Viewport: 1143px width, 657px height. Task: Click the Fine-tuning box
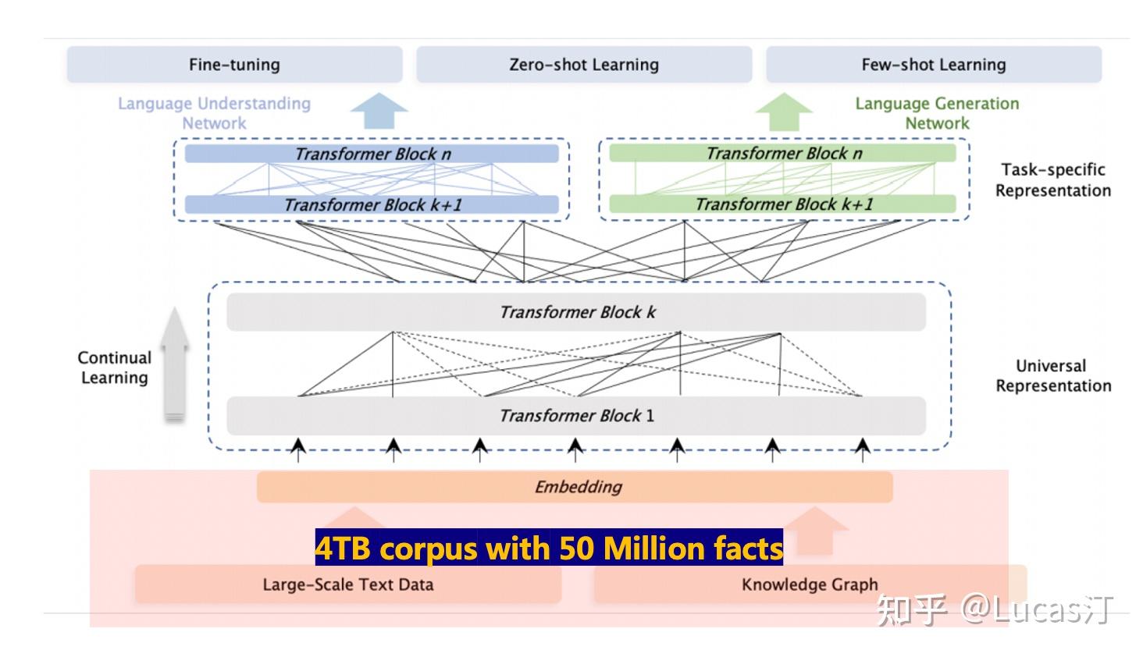click(x=234, y=65)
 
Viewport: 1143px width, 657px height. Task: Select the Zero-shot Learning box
click(x=583, y=65)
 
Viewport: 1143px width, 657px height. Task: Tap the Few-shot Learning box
click(x=933, y=65)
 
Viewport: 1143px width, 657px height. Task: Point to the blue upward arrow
click(x=379, y=111)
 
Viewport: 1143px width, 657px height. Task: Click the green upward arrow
click(x=784, y=111)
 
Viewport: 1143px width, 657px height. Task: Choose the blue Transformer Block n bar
click(x=372, y=154)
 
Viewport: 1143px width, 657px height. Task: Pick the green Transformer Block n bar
click(x=782, y=153)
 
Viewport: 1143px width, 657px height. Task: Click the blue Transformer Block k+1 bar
click(x=372, y=205)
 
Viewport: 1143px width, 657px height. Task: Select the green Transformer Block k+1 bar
click(x=782, y=204)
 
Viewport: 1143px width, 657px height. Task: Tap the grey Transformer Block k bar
click(x=576, y=312)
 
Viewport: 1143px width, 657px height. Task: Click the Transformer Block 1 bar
click(x=576, y=416)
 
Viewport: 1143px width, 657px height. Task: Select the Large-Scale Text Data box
click(x=347, y=584)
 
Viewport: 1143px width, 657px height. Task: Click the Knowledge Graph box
click(x=810, y=584)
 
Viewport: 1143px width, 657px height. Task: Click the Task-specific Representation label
click(x=1052, y=180)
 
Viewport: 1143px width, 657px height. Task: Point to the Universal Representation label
click(x=1052, y=375)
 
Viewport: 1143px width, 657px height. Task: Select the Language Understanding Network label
click(x=214, y=113)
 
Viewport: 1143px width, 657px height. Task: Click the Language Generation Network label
click(x=936, y=113)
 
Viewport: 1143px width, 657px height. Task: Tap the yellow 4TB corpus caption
click(x=549, y=549)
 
